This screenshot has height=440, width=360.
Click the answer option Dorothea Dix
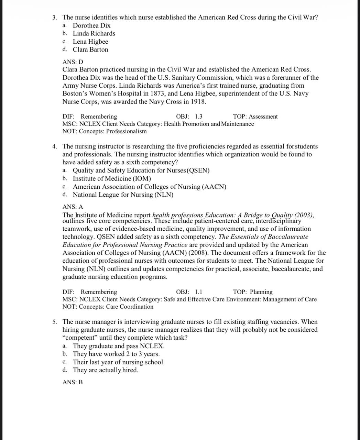(91, 25)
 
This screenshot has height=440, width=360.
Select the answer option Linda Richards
(94, 33)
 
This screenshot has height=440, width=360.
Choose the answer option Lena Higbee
(90, 42)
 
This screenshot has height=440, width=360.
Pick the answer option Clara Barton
(90, 49)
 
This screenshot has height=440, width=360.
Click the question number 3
(55, 18)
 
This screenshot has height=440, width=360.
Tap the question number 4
(55, 147)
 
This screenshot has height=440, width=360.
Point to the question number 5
(55, 322)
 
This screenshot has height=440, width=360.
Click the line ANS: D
(73, 62)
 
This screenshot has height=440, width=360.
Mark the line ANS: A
(73, 207)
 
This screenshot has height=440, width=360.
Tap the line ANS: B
(73, 382)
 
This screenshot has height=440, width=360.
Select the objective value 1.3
(198, 117)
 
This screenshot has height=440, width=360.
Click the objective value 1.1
(198, 292)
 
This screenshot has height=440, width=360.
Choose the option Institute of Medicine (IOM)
(112, 178)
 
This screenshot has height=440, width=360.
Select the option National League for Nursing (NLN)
(123, 195)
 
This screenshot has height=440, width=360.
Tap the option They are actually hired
(106, 370)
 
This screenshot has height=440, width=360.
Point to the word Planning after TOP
(261, 292)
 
